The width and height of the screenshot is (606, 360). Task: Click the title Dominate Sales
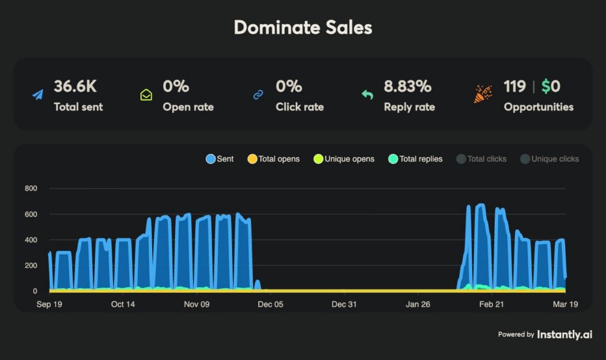click(x=303, y=28)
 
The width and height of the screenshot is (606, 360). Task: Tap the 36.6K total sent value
click(x=75, y=86)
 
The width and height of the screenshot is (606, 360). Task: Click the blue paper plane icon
click(x=38, y=95)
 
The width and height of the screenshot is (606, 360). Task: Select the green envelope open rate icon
click(x=146, y=95)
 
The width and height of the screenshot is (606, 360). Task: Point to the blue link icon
click(x=258, y=95)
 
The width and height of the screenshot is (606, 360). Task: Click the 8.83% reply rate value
click(x=408, y=86)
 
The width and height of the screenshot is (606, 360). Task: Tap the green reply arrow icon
click(x=368, y=95)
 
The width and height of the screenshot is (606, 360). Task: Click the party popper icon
click(x=483, y=94)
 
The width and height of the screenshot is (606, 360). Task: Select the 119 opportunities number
click(x=514, y=86)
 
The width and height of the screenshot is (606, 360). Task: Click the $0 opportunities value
click(x=551, y=86)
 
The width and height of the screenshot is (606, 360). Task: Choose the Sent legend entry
click(x=220, y=159)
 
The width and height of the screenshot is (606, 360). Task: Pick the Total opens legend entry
click(x=273, y=159)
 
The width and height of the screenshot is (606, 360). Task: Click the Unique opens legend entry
click(x=344, y=159)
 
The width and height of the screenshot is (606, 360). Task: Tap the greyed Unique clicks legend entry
click(x=549, y=159)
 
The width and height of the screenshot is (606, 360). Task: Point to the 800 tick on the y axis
click(x=31, y=188)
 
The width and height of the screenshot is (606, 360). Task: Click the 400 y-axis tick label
click(x=31, y=240)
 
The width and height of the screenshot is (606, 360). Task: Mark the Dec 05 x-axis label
click(x=270, y=304)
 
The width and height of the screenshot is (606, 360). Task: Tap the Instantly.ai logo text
click(x=565, y=335)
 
